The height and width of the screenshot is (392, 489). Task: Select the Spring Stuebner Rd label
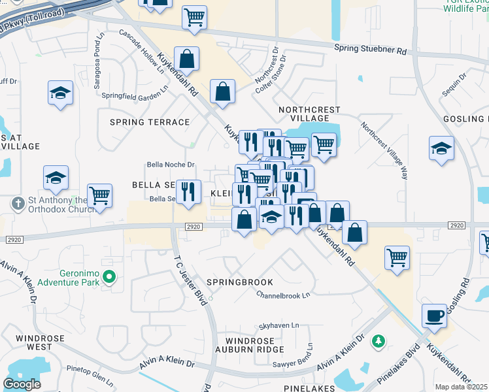370,49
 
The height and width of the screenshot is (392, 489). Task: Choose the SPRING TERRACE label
150,122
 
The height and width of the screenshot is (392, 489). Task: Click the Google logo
22,384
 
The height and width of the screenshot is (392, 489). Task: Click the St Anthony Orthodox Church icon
18,204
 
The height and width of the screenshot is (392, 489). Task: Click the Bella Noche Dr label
171,165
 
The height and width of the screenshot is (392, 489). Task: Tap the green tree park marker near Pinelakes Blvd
378,340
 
